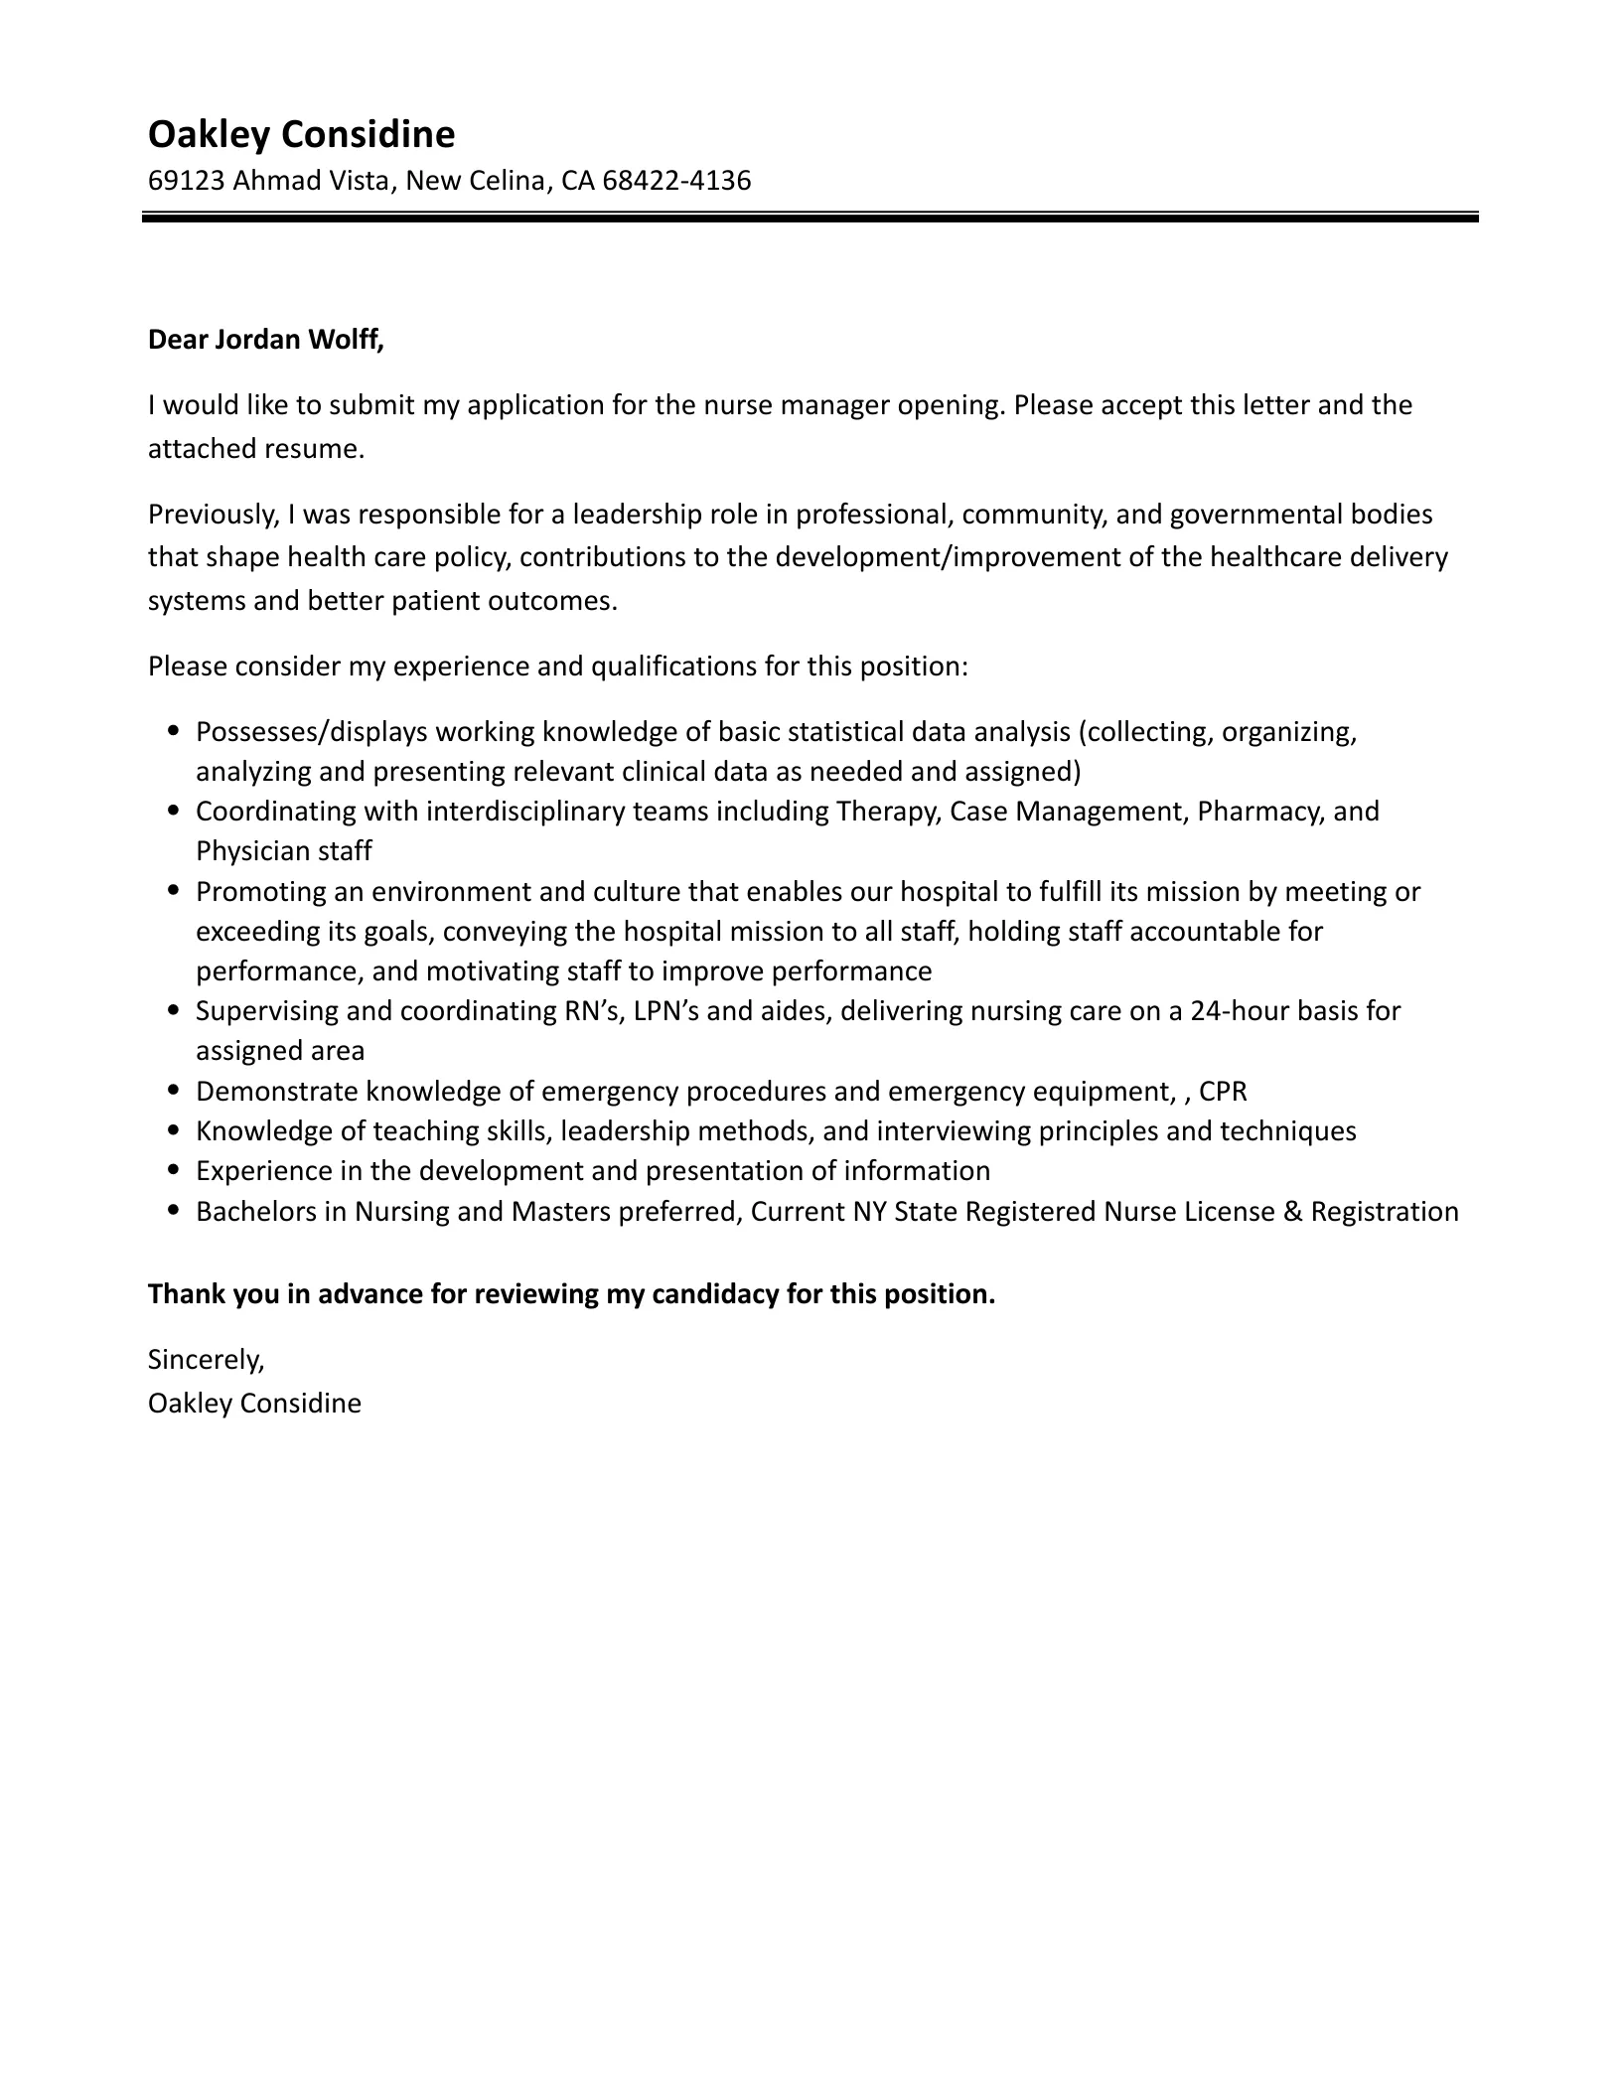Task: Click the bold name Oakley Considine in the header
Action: (301, 134)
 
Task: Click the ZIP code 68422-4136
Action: (676, 181)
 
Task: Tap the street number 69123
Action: (186, 181)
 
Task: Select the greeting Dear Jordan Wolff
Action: (265, 340)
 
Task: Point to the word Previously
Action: (212, 515)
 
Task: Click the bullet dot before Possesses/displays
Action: (175, 731)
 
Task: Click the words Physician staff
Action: (283, 851)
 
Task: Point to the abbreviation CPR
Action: (1223, 1092)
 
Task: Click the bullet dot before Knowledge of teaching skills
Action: (175, 1130)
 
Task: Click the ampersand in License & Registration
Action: (1291, 1212)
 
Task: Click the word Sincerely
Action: (206, 1359)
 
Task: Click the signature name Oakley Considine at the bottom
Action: (254, 1404)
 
